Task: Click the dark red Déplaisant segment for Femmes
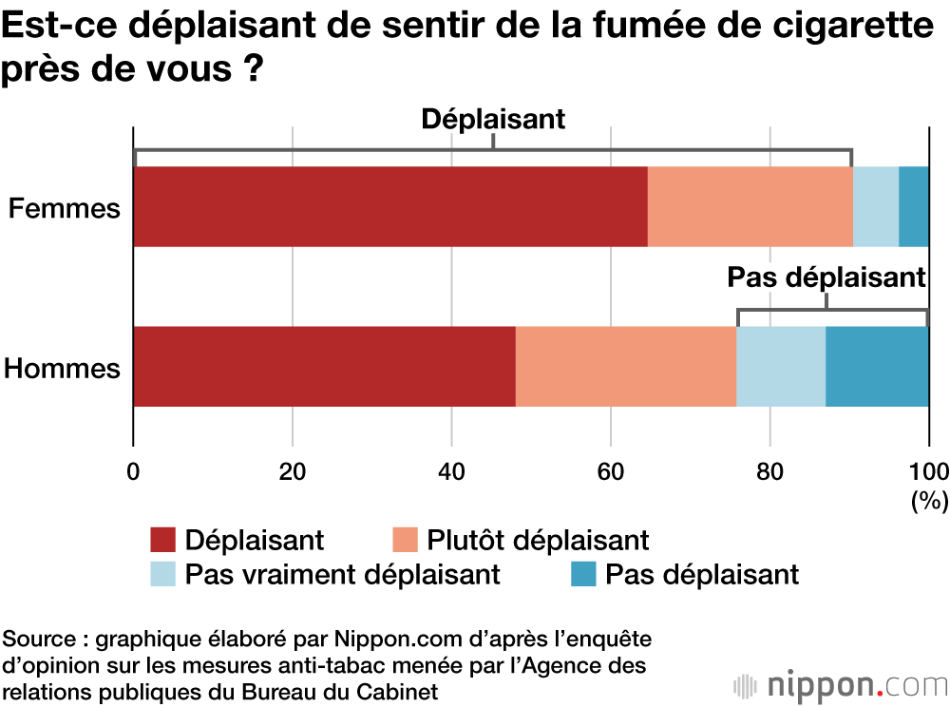(x=390, y=206)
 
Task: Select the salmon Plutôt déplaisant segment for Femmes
(x=750, y=206)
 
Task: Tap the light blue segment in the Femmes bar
(x=875, y=206)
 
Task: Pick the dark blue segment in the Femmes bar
(x=914, y=206)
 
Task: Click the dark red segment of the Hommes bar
(x=324, y=367)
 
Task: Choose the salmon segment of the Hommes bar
(x=625, y=367)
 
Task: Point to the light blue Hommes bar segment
(x=781, y=367)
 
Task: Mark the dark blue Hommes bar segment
(x=877, y=367)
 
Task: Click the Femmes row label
(x=65, y=208)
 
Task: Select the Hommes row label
(x=63, y=368)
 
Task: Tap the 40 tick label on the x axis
(x=451, y=471)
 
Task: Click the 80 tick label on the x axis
(x=769, y=471)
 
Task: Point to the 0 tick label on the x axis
(x=134, y=471)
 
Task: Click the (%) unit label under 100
(x=929, y=501)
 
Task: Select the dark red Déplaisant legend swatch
(x=163, y=540)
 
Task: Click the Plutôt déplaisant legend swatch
(x=406, y=540)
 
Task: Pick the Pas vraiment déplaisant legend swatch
(x=163, y=574)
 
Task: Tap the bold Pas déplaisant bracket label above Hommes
(x=826, y=277)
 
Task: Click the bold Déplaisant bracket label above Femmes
(x=493, y=119)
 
